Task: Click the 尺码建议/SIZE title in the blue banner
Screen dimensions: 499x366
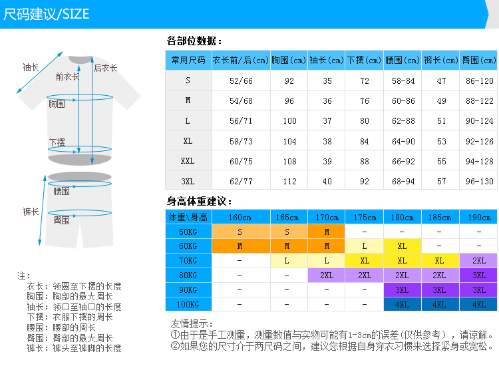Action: point(47,14)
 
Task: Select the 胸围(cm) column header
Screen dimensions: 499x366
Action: point(288,60)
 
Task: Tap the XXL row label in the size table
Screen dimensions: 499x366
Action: point(188,161)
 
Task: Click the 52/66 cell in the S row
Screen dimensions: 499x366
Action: point(241,81)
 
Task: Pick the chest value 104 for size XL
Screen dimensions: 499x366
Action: point(289,141)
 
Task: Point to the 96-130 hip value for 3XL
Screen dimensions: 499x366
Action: point(480,181)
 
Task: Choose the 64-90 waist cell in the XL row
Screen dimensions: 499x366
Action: point(403,141)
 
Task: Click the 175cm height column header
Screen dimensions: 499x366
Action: point(365,217)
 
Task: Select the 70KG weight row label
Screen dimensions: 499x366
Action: point(188,261)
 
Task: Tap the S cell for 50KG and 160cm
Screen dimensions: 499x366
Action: point(240,232)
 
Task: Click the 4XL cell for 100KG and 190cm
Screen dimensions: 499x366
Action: point(479,305)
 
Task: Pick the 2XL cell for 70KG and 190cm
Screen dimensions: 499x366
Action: point(479,261)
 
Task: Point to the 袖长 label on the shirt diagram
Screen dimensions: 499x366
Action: point(31,67)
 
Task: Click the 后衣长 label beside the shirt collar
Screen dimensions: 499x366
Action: point(105,68)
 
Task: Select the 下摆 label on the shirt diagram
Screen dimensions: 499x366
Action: point(57,143)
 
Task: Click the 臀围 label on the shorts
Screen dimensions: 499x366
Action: point(62,220)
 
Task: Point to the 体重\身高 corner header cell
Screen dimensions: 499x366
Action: point(188,217)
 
